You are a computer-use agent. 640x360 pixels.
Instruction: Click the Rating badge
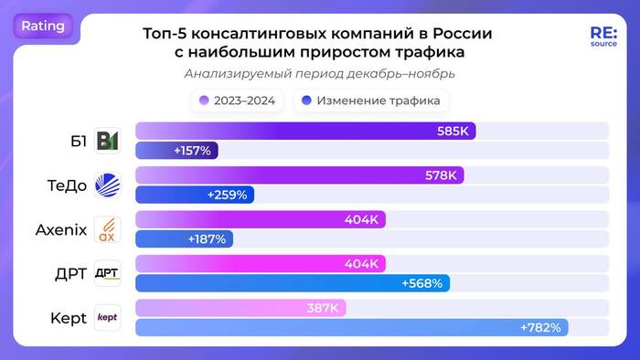pyautogui.click(x=43, y=26)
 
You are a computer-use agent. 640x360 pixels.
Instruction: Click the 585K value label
pyautogui.click(x=453, y=132)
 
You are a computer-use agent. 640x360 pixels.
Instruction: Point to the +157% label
pyautogui.click(x=192, y=150)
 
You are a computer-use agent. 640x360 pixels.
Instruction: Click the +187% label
pyautogui.click(x=208, y=238)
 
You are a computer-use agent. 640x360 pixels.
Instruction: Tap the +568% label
pyautogui.click(x=421, y=283)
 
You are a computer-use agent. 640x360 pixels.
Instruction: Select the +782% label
pyautogui.click(x=540, y=327)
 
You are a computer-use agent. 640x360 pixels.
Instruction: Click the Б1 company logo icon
pyautogui.click(x=107, y=141)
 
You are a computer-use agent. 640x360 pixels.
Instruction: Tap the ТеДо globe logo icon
pyautogui.click(x=107, y=185)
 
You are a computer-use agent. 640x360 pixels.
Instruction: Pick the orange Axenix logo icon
pyautogui.click(x=107, y=229)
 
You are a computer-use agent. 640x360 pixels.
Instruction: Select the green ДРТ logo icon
pyautogui.click(x=107, y=273)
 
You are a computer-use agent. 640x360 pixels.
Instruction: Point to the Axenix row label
pyautogui.click(x=60, y=229)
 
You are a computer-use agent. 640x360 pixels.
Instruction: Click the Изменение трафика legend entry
pyautogui.click(x=370, y=100)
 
